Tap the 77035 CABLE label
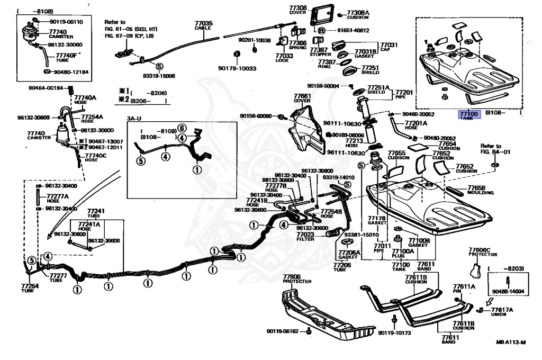point(203,25)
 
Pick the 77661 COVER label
point(302,98)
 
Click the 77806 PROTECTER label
point(297,278)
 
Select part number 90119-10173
point(394,332)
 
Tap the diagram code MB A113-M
point(511,343)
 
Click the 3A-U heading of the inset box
point(135,119)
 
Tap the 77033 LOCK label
point(284,57)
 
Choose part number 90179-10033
point(237,68)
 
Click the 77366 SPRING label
point(297,44)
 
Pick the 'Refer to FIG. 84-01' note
point(491,149)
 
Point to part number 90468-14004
point(507,291)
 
